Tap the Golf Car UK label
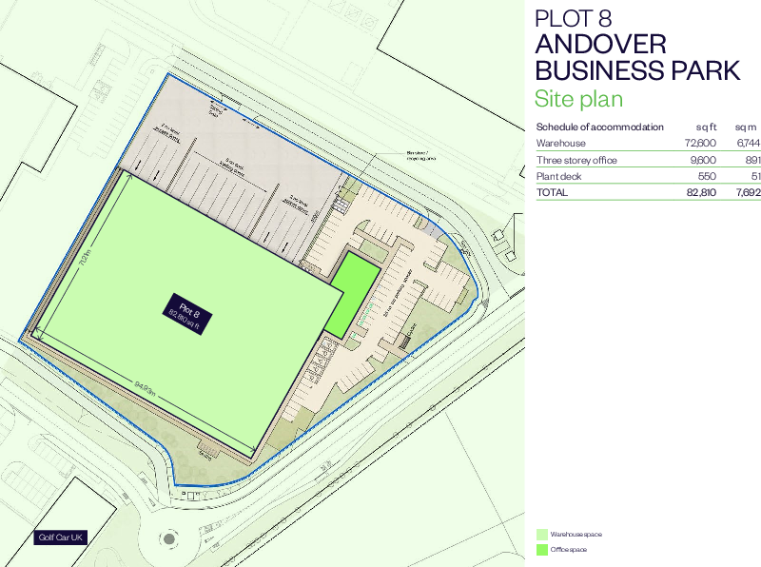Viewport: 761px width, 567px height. pyautogui.click(x=62, y=538)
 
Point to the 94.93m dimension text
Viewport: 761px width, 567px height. pyautogui.click(x=145, y=385)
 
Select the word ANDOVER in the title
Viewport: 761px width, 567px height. pyautogui.click(x=599, y=45)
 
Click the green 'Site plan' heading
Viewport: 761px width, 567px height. pyautogui.click(x=578, y=99)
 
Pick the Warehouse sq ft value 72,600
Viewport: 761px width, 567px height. pyautogui.click(x=700, y=143)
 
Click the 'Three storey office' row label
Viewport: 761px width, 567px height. pyautogui.click(x=576, y=160)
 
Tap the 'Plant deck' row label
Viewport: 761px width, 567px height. pyautogui.click(x=558, y=176)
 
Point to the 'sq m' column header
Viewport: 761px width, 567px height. pyautogui.click(x=745, y=127)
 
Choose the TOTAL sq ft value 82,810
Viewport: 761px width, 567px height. pyautogui.click(x=700, y=192)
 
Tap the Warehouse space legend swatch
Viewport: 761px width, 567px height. pyautogui.click(x=541, y=535)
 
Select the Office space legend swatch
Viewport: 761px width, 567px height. pyautogui.click(x=541, y=549)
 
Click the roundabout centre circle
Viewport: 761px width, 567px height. pyautogui.click(x=169, y=538)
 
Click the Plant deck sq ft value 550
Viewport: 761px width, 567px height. pyautogui.click(x=707, y=176)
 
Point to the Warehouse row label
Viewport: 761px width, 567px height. pyautogui.click(x=560, y=143)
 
